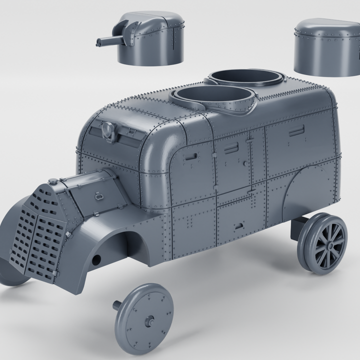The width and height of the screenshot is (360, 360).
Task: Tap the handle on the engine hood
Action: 99,196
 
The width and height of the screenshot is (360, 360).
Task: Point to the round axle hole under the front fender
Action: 96,258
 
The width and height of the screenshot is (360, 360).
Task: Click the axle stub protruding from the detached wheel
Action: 118,304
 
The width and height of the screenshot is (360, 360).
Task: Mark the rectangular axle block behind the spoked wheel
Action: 300,225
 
